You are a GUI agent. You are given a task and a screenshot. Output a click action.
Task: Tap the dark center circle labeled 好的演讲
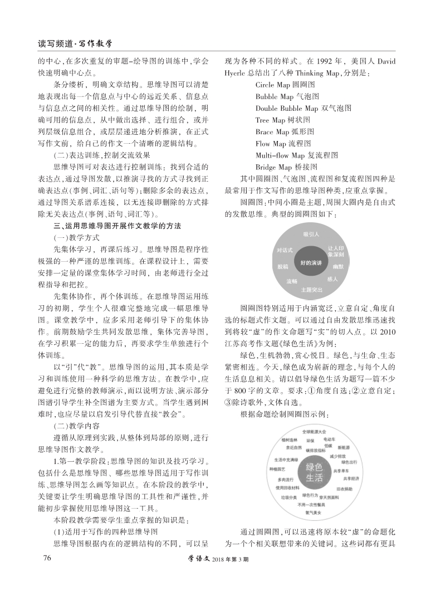click(x=310, y=262)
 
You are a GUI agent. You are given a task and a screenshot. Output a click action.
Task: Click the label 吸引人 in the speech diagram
click(x=311, y=234)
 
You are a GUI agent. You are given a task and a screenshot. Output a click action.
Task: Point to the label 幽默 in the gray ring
click(x=338, y=267)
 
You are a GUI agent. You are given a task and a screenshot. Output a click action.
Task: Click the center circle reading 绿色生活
click(x=313, y=472)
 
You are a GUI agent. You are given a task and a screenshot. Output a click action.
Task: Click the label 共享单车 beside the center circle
click(x=340, y=471)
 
